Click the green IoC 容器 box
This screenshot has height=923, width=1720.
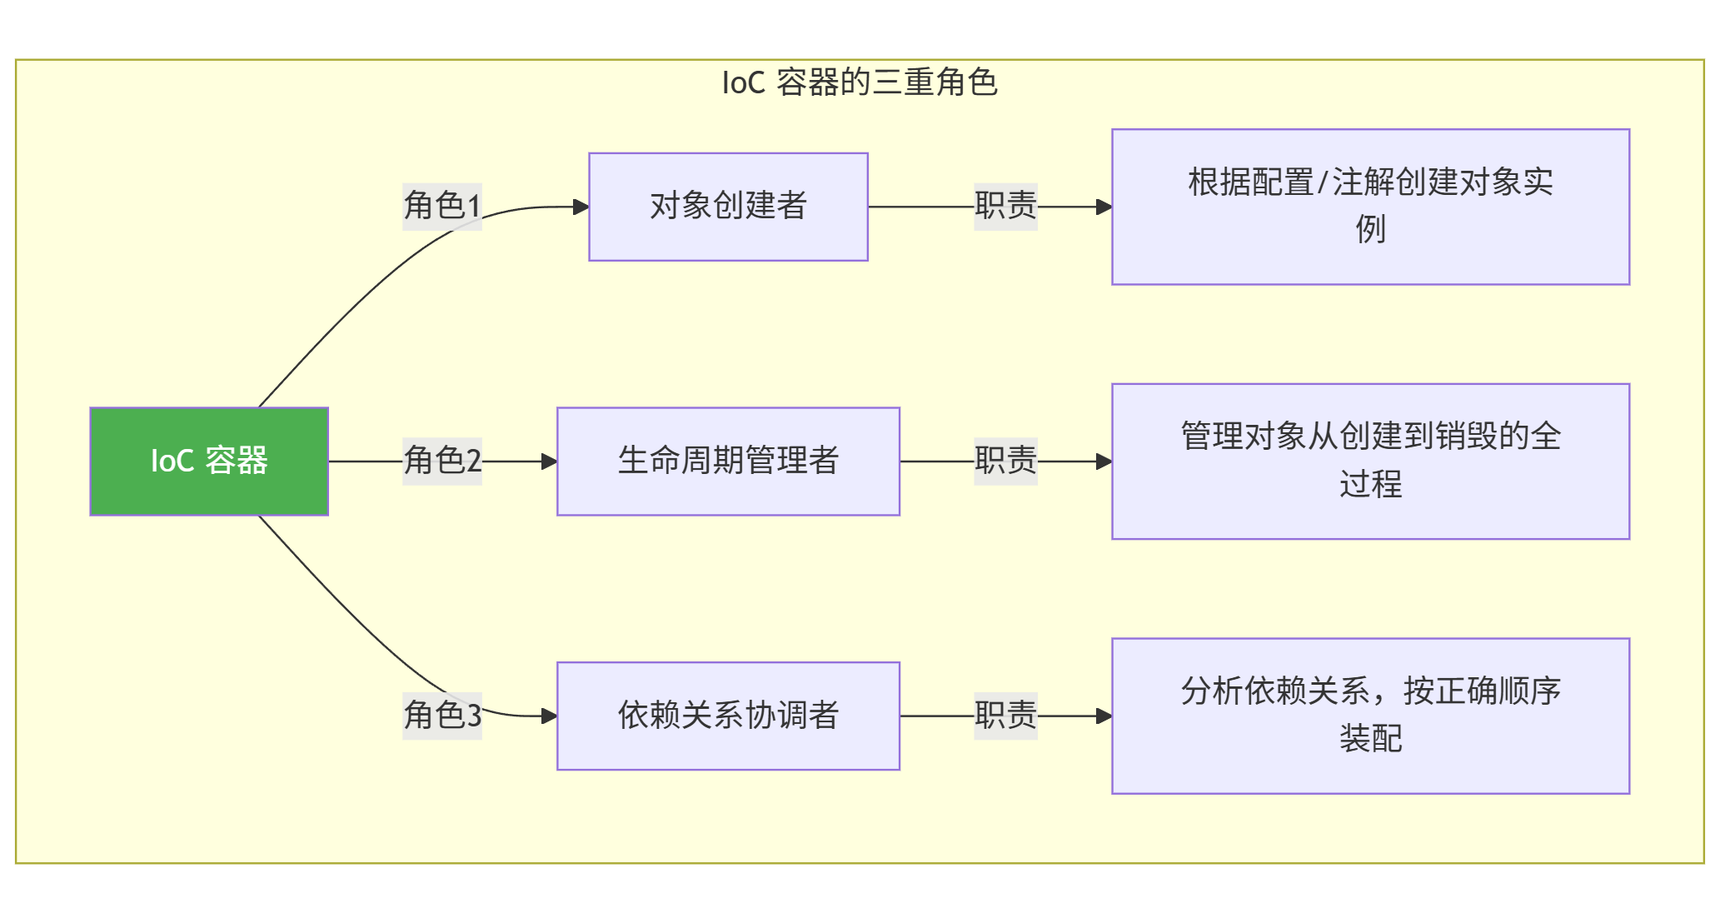(209, 461)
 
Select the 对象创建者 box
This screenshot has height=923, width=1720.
(728, 207)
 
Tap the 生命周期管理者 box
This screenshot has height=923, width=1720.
(728, 461)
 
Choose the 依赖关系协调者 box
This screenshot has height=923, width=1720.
(728, 716)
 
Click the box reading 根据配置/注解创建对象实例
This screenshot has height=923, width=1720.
(1370, 207)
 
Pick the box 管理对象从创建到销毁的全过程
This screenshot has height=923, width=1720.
(1370, 461)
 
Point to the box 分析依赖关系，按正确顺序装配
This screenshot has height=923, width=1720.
(1370, 716)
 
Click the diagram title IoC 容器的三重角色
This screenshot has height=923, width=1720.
(860, 82)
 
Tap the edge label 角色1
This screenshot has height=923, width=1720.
(442, 206)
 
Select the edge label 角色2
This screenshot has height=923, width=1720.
(442, 461)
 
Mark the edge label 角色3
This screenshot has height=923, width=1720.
(442, 716)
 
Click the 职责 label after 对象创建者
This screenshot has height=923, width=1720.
(1005, 206)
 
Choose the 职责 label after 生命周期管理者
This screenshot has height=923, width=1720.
(1005, 461)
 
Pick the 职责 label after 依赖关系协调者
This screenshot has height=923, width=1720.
(1005, 716)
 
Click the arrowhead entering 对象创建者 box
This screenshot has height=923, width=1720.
(581, 207)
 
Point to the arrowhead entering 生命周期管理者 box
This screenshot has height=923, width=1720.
(550, 461)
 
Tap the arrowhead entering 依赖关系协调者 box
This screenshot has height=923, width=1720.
(550, 716)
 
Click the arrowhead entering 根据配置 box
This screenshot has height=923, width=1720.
(1104, 207)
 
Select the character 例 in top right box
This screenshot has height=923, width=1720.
(1370, 229)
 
